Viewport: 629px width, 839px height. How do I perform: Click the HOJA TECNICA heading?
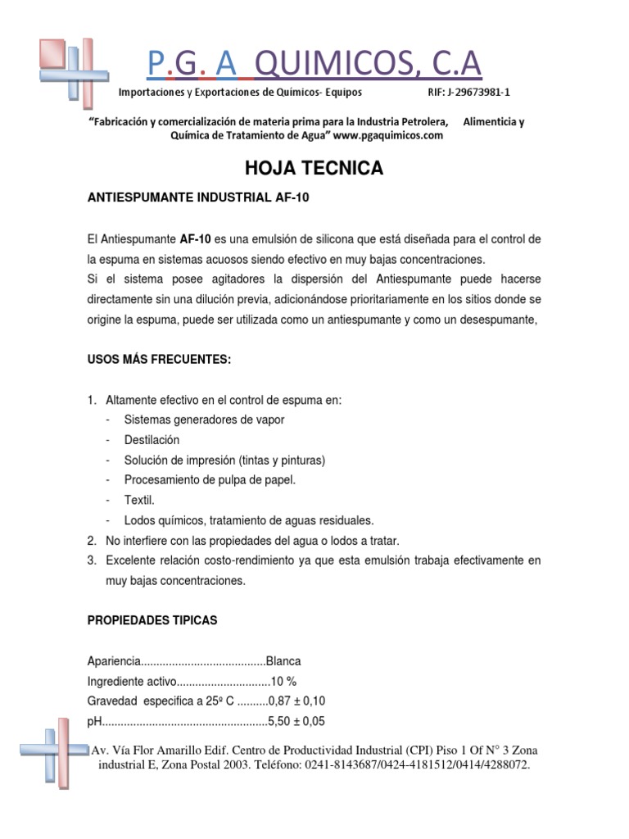(x=314, y=169)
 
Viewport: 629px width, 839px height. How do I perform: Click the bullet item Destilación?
(x=152, y=440)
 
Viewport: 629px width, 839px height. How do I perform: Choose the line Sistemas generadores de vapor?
(x=204, y=419)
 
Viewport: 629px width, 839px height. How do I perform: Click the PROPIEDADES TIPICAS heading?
(x=152, y=620)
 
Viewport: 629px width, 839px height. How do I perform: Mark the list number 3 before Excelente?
(x=92, y=560)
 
